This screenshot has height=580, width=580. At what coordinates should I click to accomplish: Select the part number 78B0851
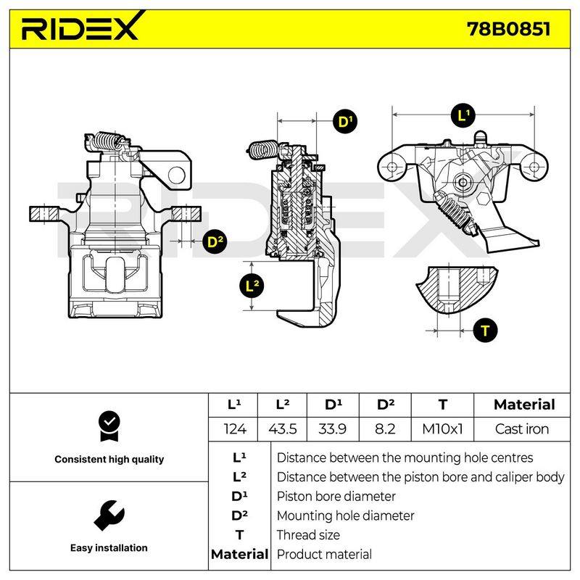509,29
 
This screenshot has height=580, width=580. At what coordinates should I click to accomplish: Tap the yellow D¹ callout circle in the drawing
345,121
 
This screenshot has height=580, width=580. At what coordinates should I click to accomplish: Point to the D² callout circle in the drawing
215,241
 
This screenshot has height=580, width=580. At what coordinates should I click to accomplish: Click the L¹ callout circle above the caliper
463,115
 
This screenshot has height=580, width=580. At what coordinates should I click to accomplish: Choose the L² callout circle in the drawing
252,285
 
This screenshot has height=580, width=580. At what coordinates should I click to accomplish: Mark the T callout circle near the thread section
485,331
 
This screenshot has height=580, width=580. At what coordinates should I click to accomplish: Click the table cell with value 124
235,429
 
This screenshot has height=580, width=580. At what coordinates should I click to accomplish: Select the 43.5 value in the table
283,429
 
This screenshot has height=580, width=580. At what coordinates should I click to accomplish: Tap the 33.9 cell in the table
333,429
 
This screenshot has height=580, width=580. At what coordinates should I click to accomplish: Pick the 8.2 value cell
385,429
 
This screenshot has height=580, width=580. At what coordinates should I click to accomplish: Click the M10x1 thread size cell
442,429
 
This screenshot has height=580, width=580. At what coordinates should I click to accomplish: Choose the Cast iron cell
522,429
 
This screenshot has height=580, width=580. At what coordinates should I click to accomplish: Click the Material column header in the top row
524,405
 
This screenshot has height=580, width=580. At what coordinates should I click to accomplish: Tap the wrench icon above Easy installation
109,515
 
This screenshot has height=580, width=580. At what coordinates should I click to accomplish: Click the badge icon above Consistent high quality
109,426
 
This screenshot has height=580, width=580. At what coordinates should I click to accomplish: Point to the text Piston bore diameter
336,497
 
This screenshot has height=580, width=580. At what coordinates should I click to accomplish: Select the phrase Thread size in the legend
308,535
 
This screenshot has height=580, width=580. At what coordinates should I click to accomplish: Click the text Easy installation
109,548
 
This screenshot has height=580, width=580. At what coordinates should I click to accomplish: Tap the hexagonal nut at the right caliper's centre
463,182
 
